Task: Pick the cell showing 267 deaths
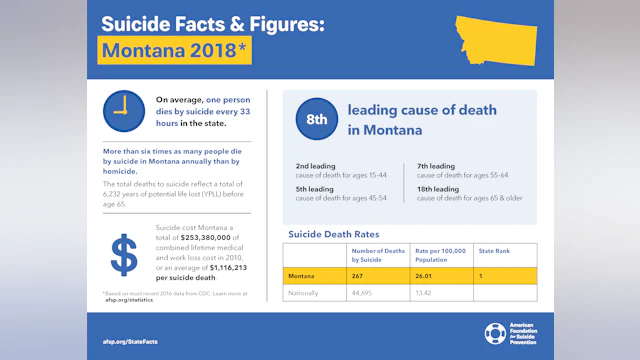[359, 274]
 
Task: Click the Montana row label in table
[303, 274]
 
